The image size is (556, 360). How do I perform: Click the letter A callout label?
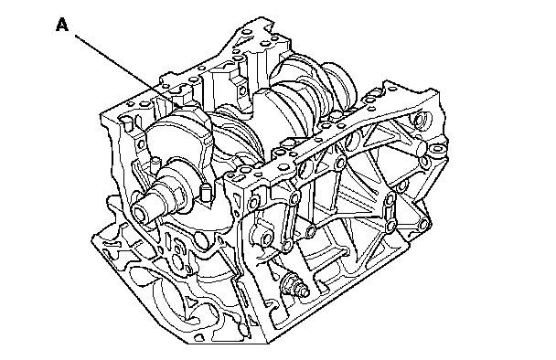pyautogui.click(x=62, y=26)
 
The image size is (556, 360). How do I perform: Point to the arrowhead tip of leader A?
pyautogui.click(x=183, y=108)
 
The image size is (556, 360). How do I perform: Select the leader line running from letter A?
pyautogui.click(x=129, y=71)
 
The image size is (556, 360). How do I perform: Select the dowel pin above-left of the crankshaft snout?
pyautogui.click(x=155, y=164)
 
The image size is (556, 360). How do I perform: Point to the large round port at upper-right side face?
pyautogui.click(x=422, y=120)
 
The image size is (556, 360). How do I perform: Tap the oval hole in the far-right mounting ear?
pyautogui.click(x=437, y=149)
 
